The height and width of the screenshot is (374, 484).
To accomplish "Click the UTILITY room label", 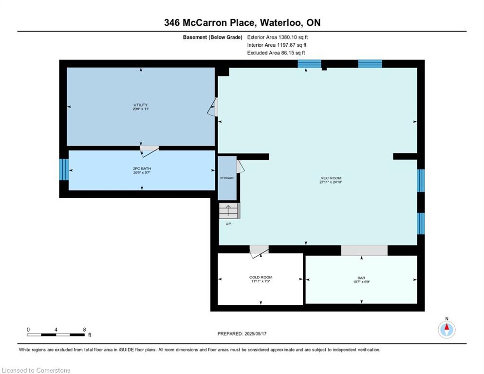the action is pos(140,105).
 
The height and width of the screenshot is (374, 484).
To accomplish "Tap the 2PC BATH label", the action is pos(142,168).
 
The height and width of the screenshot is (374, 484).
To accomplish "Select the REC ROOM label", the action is pos(331,178).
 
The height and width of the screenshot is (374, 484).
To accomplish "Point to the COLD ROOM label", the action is pos(261,277).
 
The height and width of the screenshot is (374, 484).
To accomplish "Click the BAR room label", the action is pos(361,278).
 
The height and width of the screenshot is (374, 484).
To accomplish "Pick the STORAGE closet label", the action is pos(227,178).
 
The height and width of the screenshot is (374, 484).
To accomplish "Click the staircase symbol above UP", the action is pos(229,211).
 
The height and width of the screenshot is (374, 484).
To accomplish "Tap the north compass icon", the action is pos(447,330).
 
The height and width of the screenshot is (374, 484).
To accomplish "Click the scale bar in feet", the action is pos(56,335).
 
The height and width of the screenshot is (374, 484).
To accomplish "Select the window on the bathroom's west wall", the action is pos(64,169).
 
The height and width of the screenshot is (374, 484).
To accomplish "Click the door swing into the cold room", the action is pos(259,251).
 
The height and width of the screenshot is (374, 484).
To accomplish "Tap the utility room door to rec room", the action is pos(213,107).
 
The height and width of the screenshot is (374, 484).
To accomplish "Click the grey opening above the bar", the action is pos(364,250).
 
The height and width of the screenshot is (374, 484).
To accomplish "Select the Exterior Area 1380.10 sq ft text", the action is pos(278,37).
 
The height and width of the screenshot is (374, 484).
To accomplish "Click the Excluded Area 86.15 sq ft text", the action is pos(276,53).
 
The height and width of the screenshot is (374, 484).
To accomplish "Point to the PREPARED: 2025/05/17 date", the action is pos(242,334).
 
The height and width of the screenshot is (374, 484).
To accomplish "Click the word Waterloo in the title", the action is pos(281,22).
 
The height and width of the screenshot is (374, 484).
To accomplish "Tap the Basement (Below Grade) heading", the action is pos(213,37).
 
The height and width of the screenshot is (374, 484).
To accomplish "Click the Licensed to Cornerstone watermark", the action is pos(36,370).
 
